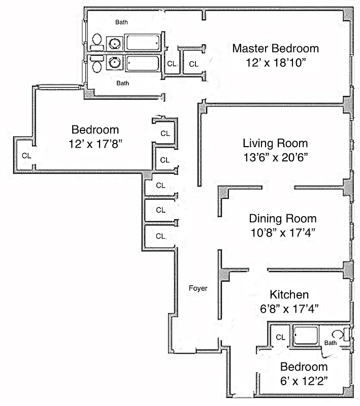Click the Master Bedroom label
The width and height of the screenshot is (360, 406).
[x=275, y=49]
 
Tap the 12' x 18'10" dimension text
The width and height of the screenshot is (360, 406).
[x=275, y=63]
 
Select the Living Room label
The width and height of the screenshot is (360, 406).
[x=275, y=143]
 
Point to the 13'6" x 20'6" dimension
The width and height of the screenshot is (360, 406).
[x=275, y=157]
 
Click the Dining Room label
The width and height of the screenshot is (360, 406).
[x=282, y=219]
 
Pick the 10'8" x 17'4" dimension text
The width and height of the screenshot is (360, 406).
[x=282, y=232]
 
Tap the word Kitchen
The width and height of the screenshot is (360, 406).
[x=289, y=294]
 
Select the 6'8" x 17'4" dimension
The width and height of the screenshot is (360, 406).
[x=289, y=308]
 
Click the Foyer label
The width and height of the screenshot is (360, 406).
[x=198, y=288]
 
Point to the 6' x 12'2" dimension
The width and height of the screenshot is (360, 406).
[x=304, y=380]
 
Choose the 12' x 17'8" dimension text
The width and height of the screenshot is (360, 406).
[x=95, y=144]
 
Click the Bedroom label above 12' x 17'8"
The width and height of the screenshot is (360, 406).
[x=95, y=130]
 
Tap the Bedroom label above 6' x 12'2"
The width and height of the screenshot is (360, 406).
[x=304, y=367]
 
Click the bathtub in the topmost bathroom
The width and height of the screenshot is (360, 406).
[x=144, y=42]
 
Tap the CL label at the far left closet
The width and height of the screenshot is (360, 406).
[x=26, y=156]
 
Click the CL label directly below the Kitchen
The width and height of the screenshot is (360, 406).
[x=280, y=337]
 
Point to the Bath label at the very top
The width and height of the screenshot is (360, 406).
[x=121, y=22]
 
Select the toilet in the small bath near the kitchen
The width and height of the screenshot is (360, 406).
[x=338, y=334]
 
